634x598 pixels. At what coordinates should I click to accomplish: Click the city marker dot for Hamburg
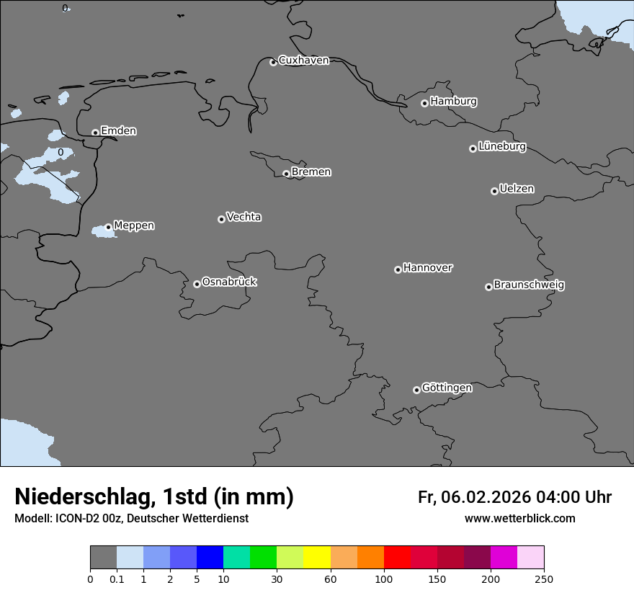click(x=424, y=103)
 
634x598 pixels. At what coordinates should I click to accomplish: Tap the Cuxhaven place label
click(x=303, y=61)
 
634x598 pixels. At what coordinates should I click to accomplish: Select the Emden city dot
click(x=95, y=133)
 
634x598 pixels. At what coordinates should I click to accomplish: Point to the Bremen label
click(x=311, y=172)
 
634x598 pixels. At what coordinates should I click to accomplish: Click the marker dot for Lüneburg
click(x=473, y=148)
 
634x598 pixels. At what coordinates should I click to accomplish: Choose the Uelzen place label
click(x=517, y=189)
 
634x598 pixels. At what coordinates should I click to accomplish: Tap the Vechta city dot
click(x=221, y=219)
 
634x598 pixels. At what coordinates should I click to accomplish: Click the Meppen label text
click(x=134, y=226)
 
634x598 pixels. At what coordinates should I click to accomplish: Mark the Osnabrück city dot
click(x=197, y=284)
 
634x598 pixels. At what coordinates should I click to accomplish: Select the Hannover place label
click(x=428, y=268)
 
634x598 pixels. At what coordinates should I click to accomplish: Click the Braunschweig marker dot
click(x=488, y=287)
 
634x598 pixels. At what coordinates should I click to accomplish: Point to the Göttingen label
click(x=447, y=388)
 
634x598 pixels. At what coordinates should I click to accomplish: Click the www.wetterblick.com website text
click(x=519, y=519)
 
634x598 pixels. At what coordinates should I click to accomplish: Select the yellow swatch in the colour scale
click(x=317, y=558)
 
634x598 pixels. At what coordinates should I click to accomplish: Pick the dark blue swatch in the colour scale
click(x=210, y=558)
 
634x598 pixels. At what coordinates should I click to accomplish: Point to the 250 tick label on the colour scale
click(x=544, y=579)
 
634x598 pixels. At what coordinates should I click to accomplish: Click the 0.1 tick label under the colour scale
click(x=117, y=579)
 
